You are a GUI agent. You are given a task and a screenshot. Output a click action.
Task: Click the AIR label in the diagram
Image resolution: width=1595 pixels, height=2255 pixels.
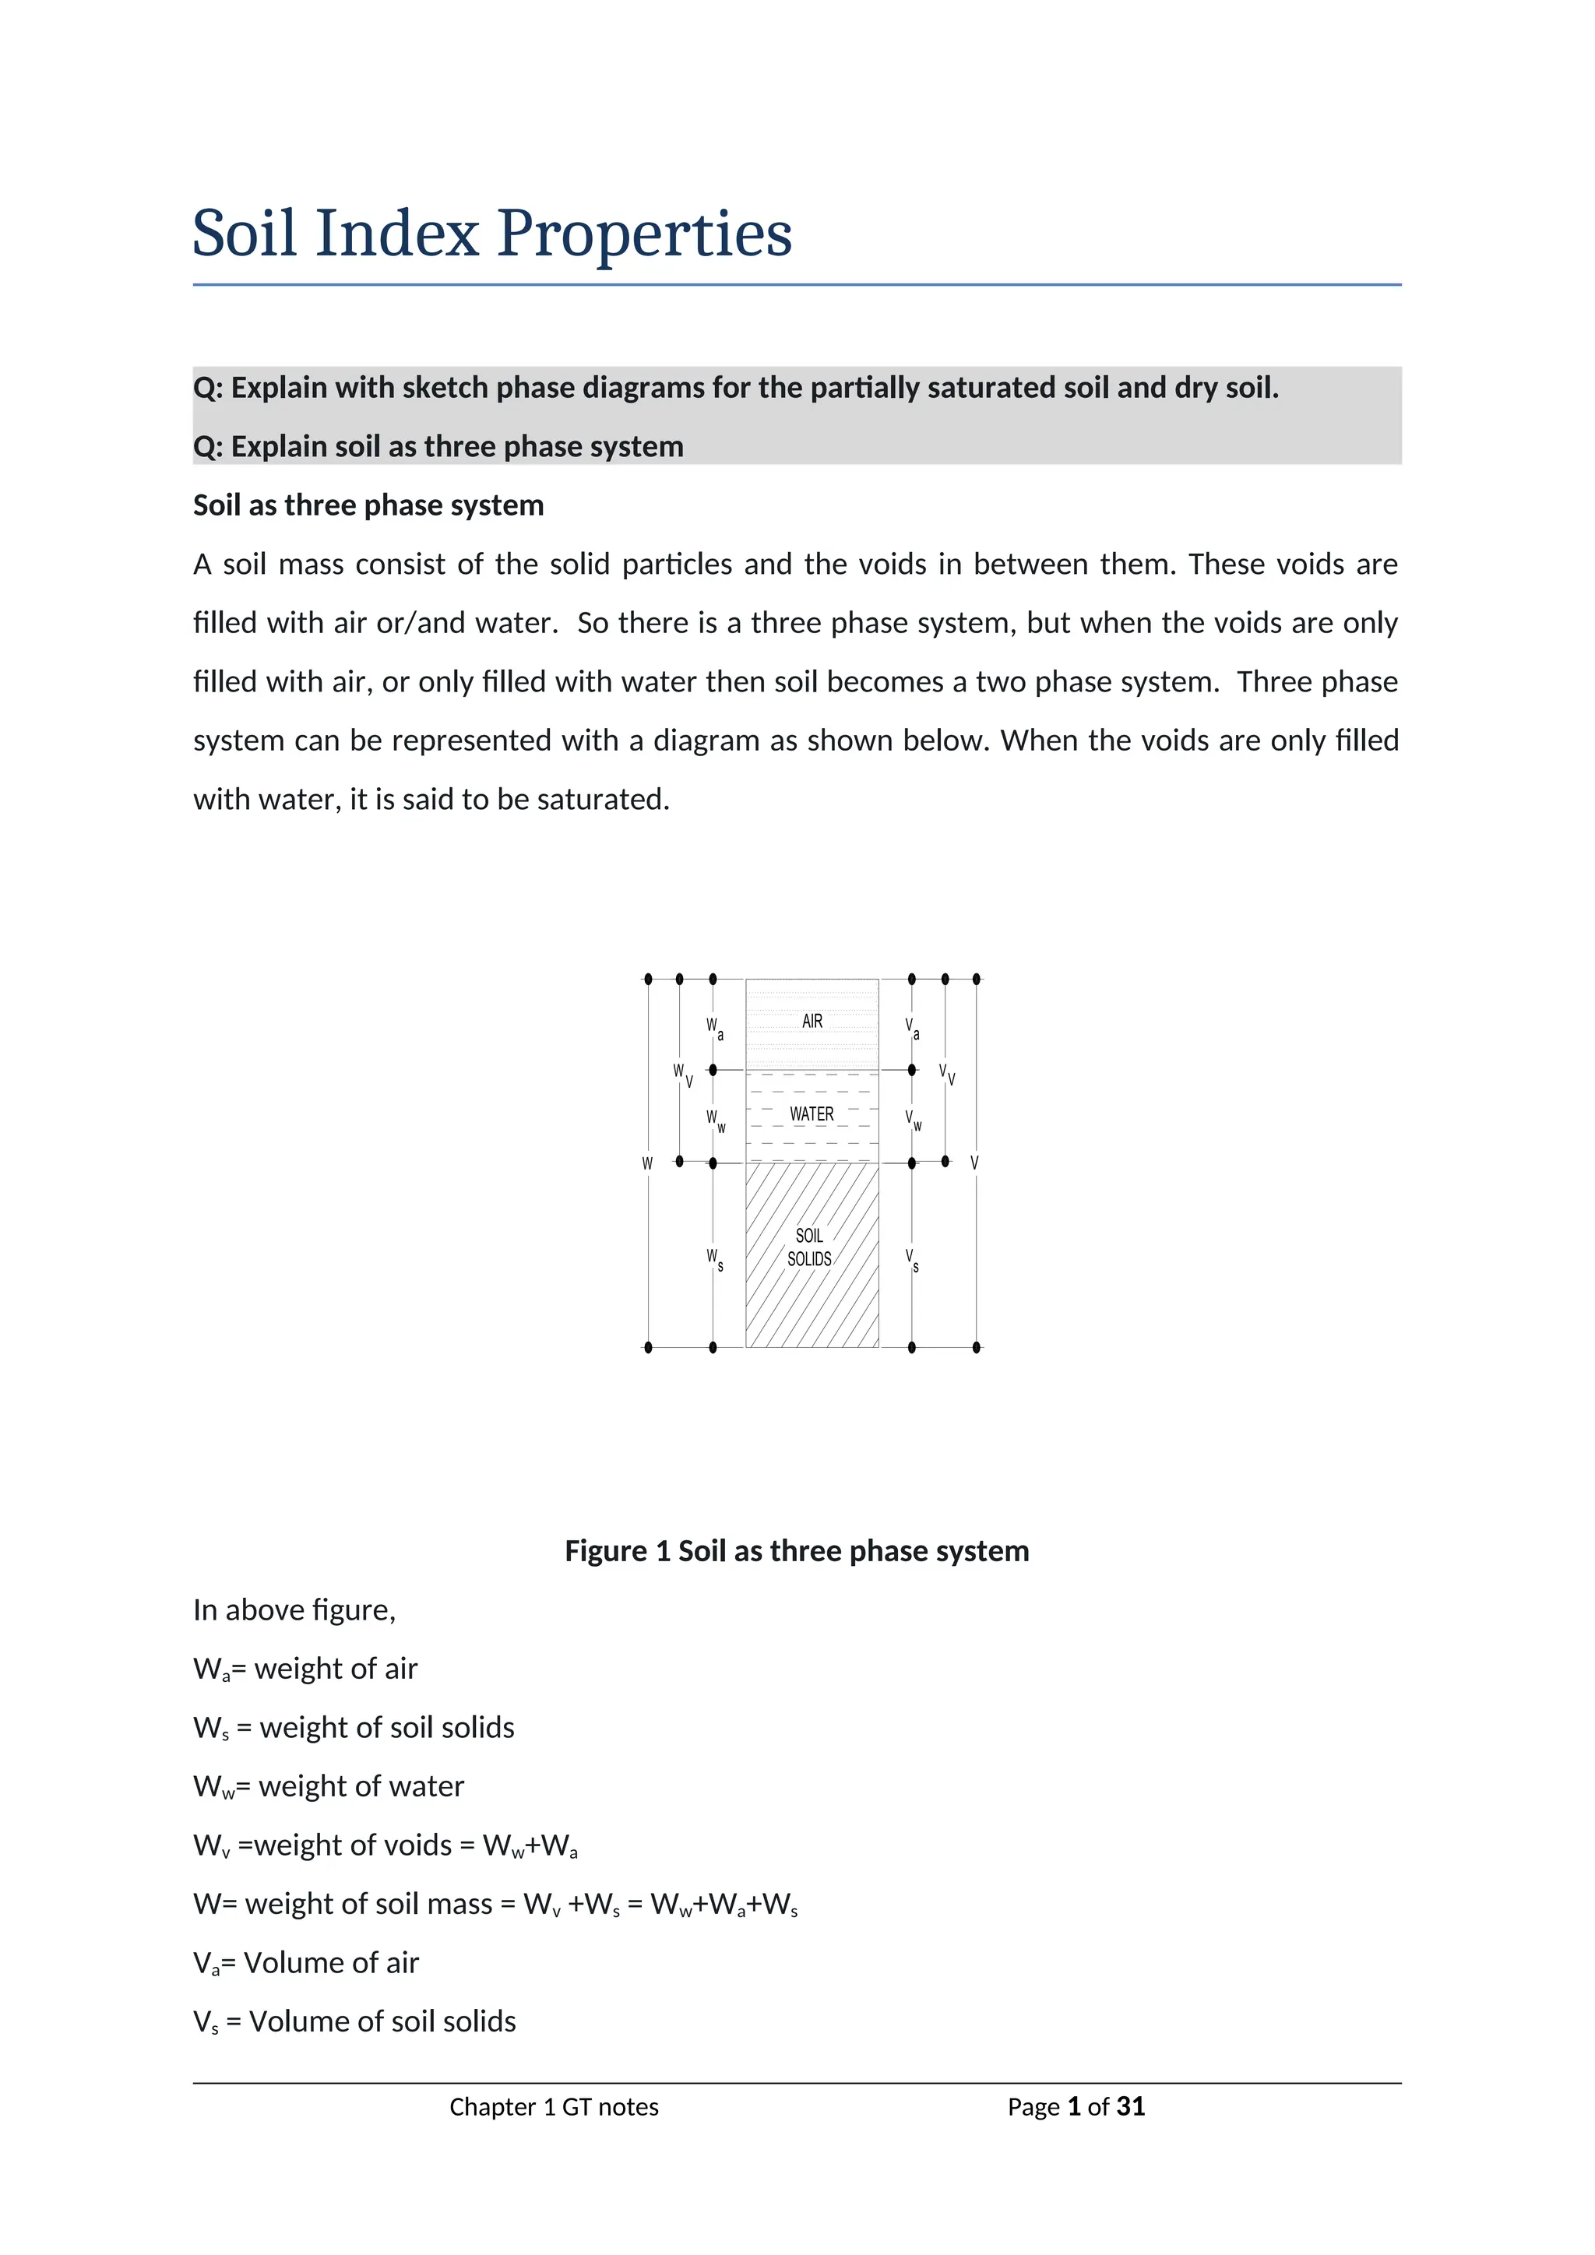point(812,1022)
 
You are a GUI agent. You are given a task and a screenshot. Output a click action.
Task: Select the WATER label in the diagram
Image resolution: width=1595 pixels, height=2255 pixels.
point(812,1113)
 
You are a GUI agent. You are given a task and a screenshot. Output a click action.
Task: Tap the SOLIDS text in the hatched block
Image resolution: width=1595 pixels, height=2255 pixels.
point(809,1259)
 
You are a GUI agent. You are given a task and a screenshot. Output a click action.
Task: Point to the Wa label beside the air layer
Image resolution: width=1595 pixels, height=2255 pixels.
point(714,1029)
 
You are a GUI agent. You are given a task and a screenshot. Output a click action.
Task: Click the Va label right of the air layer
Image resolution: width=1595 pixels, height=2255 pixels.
point(913,1029)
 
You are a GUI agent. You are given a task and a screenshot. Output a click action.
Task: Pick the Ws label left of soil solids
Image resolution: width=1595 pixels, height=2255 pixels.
point(714,1259)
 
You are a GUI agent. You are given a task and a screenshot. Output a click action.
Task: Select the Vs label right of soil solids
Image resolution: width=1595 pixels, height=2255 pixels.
point(913,1259)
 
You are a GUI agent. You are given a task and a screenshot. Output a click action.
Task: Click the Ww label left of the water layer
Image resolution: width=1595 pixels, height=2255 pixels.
point(715,1120)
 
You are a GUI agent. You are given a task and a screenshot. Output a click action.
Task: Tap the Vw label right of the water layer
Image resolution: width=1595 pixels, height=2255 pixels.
point(914,1120)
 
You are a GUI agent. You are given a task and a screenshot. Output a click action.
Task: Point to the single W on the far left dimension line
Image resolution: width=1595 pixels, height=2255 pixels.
point(647,1164)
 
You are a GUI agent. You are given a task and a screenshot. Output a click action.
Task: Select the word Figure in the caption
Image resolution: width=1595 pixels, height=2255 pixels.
point(606,1551)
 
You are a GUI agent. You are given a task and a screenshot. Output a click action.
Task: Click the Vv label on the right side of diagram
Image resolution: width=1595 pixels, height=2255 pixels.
point(945,1074)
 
